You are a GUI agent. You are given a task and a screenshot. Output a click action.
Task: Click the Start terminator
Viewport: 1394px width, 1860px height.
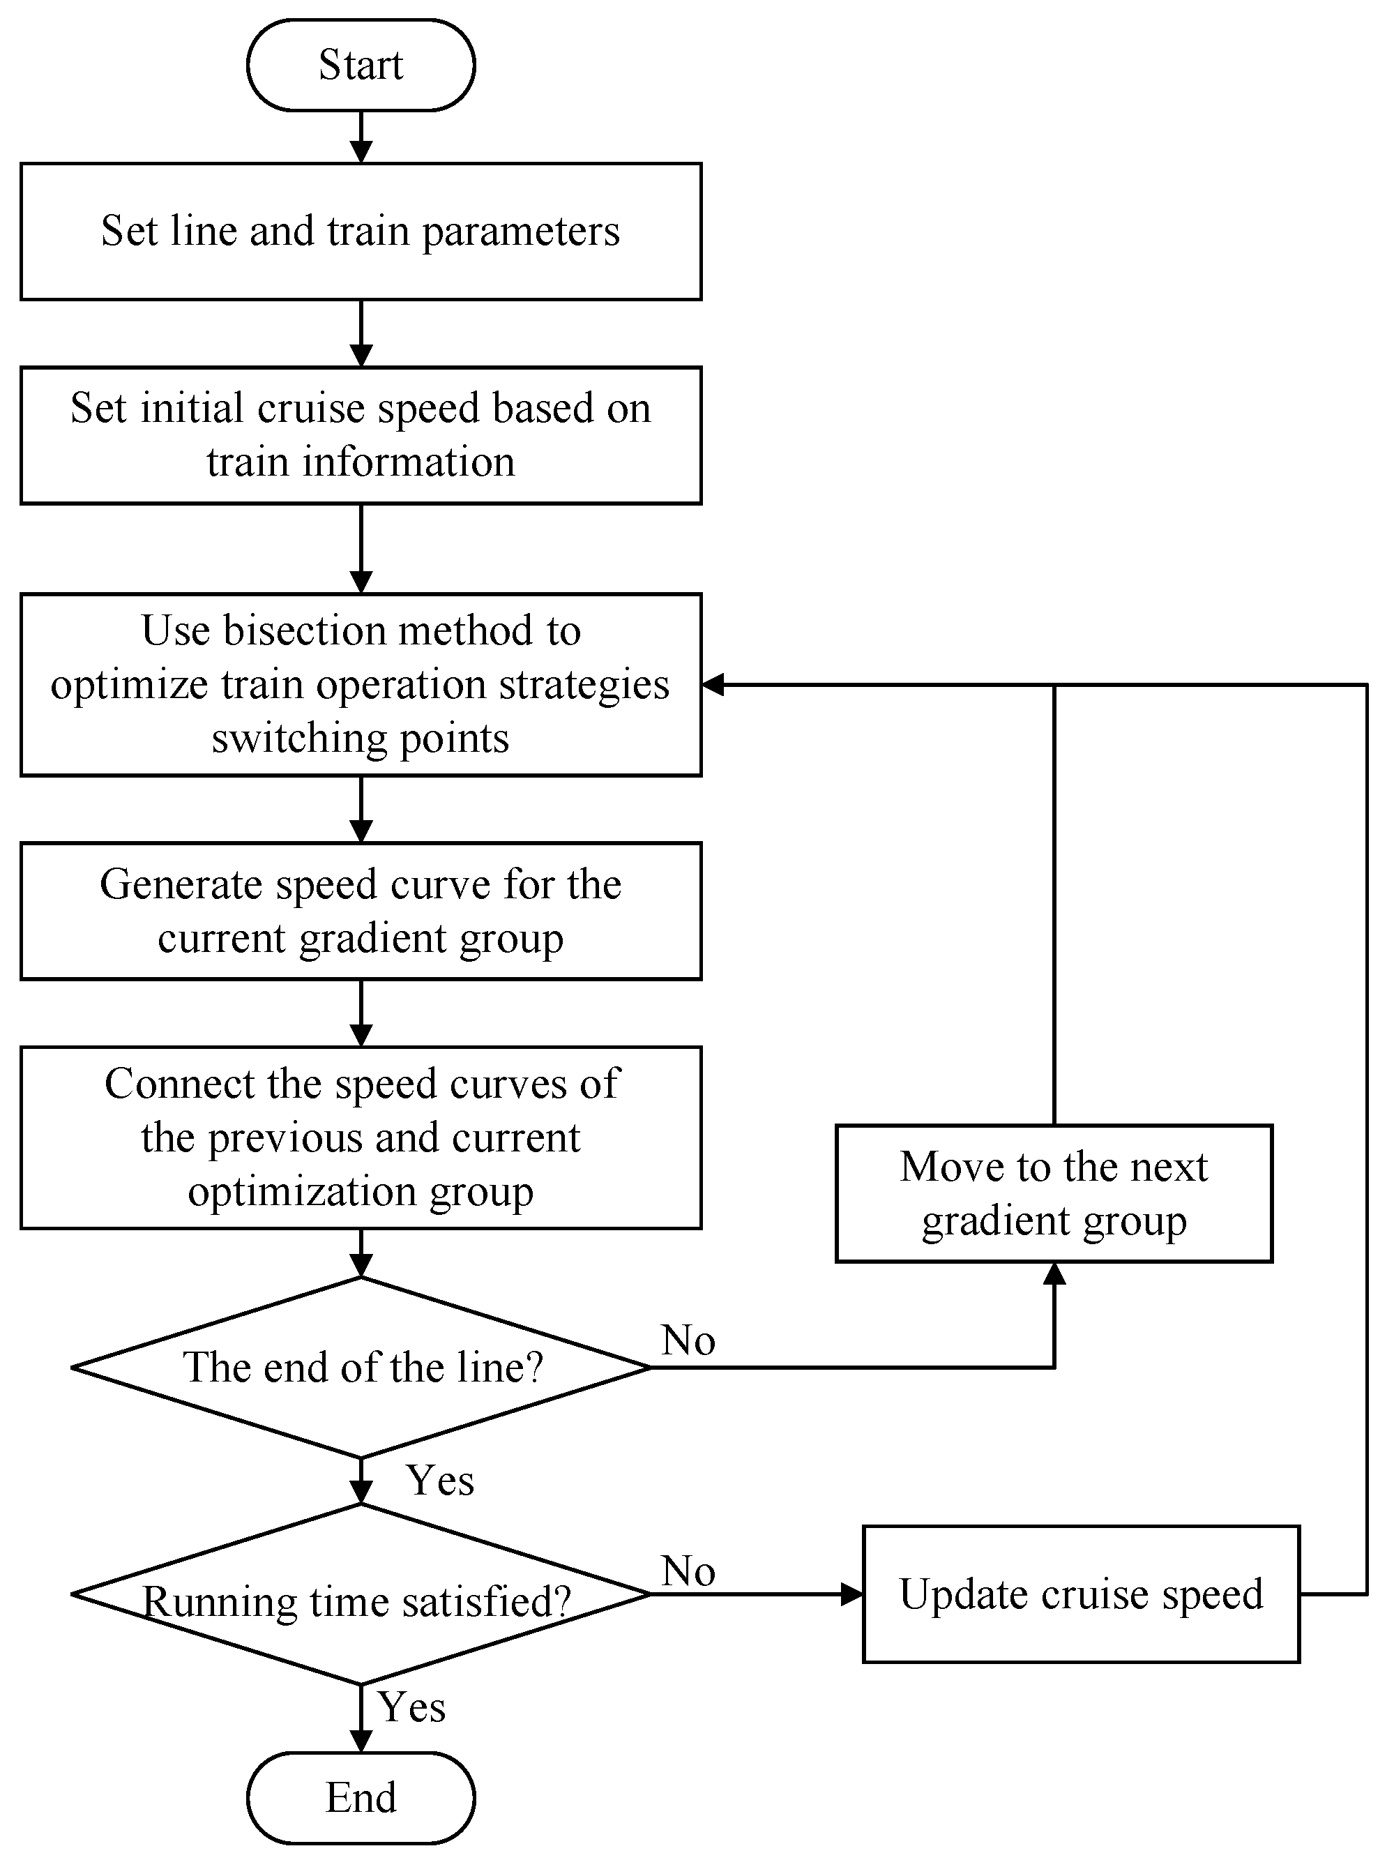tap(361, 65)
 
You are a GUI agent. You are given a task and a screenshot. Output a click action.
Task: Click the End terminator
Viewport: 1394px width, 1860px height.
tap(361, 1797)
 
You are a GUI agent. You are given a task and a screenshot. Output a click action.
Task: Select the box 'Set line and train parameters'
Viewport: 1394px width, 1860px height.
tap(361, 232)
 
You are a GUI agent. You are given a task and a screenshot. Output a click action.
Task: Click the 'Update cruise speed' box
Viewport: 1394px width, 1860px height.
tap(1080, 1594)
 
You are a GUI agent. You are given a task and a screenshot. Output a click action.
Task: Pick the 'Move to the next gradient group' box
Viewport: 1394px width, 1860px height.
tap(1054, 1193)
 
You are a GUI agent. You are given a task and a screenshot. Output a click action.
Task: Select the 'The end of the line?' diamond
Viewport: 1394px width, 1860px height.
tap(361, 1367)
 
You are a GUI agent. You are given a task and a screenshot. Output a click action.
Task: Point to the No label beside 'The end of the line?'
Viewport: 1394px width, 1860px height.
tap(688, 1340)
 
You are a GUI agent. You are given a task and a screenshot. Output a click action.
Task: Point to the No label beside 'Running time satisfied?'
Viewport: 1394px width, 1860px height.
tap(688, 1571)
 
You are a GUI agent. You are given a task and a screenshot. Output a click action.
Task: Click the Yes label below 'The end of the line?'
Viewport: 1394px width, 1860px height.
tap(440, 1480)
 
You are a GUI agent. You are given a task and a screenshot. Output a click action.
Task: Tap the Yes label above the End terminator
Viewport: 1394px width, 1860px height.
tap(411, 1707)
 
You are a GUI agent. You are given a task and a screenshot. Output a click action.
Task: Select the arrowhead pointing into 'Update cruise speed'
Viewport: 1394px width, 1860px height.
tap(851, 1594)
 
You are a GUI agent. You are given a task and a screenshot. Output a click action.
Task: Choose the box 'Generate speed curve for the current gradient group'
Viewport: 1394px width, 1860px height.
tap(361, 911)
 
